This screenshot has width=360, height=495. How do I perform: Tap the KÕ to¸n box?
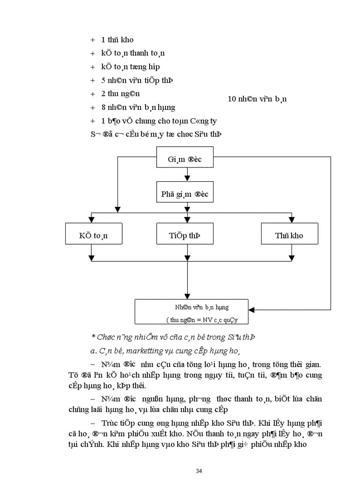[x=94, y=235]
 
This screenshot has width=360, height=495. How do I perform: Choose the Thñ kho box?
[x=289, y=235]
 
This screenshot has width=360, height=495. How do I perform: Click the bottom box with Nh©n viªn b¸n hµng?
[x=191, y=312]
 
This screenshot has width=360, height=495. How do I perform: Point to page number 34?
[x=199, y=471]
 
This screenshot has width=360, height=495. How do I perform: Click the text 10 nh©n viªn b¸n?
[x=257, y=99]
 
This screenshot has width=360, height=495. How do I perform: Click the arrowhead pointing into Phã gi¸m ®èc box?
[x=187, y=178]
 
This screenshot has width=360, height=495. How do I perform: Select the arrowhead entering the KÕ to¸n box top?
[x=91, y=220]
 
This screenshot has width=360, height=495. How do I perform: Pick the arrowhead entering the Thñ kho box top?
[x=292, y=220]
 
